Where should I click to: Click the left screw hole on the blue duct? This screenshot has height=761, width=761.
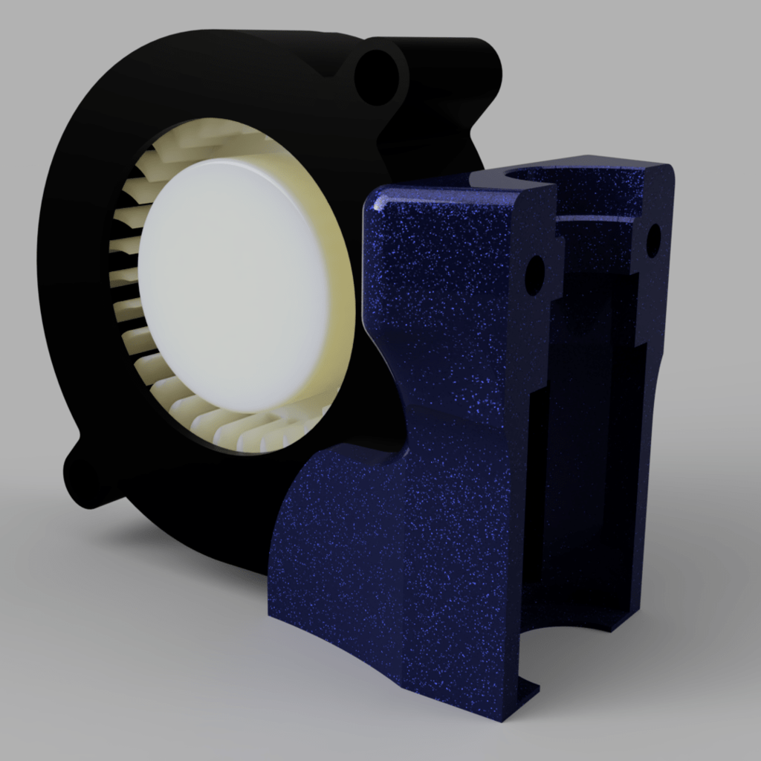535,275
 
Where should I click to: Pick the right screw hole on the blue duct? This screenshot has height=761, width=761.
653,239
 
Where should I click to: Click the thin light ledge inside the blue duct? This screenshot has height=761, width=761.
595,218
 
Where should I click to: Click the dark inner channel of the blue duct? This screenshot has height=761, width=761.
587,446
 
